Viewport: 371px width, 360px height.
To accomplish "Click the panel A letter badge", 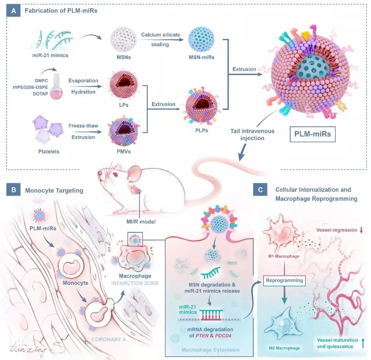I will click(14, 11).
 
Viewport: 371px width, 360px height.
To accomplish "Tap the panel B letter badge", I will click(14, 190).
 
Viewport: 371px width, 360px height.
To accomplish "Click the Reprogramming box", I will click(284, 280).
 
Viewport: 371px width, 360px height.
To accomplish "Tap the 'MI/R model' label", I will click(144, 222).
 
